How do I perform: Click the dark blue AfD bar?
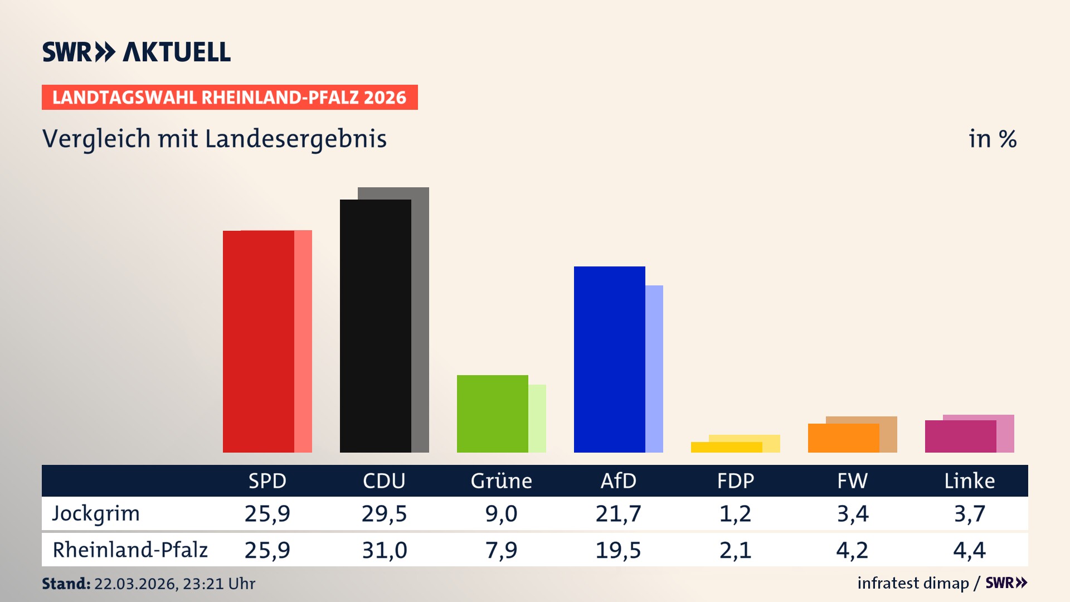(x=609, y=360)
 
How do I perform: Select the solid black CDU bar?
(x=375, y=326)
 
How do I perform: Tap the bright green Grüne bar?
(x=492, y=414)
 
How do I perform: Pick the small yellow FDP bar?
(x=726, y=447)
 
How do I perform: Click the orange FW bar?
(x=843, y=438)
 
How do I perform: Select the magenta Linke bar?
(x=960, y=436)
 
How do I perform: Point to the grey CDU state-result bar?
(x=421, y=321)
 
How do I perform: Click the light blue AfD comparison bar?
(x=654, y=368)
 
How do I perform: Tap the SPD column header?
(x=267, y=480)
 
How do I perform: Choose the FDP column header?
(x=735, y=480)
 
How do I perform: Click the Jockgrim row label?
(x=96, y=513)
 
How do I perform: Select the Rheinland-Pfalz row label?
(x=130, y=550)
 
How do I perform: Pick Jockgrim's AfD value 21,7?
(x=618, y=513)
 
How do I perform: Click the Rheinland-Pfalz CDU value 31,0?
(x=384, y=550)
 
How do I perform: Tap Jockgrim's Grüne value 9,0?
(x=501, y=513)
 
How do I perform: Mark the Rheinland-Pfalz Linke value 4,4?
(x=969, y=550)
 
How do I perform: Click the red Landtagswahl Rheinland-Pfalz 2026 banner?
(x=229, y=97)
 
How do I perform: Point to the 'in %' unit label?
(x=992, y=139)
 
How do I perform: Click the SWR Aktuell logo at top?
(x=137, y=52)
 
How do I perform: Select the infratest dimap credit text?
(x=913, y=583)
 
